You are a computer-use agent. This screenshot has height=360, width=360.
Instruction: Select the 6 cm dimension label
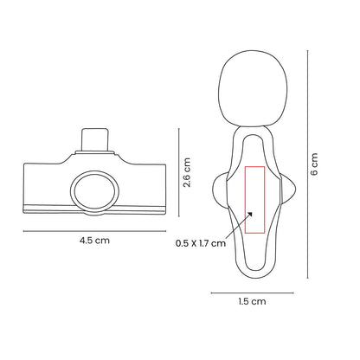pos(315,165)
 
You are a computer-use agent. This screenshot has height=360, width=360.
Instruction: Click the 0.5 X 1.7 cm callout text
pos(200,243)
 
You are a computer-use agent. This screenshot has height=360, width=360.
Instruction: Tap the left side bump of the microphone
pos(216,186)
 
